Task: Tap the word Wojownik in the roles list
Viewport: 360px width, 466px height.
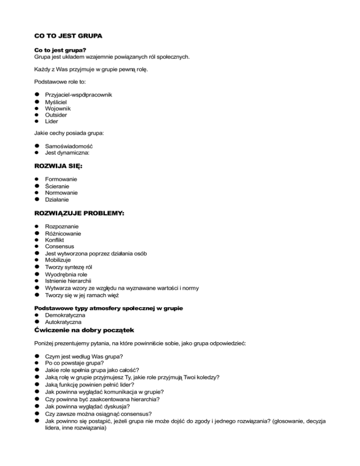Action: [58, 108]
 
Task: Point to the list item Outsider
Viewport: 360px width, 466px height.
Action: [56, 115]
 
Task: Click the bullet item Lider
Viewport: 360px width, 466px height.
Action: [52, 121]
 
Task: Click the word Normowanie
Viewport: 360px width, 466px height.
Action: [61, 192]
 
